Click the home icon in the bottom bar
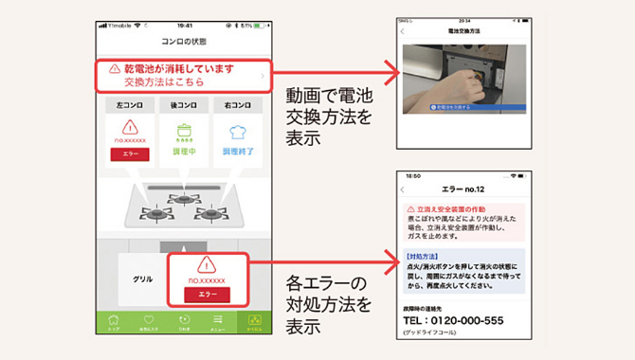tap(115, 320)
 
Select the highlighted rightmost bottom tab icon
tap(253, 320)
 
